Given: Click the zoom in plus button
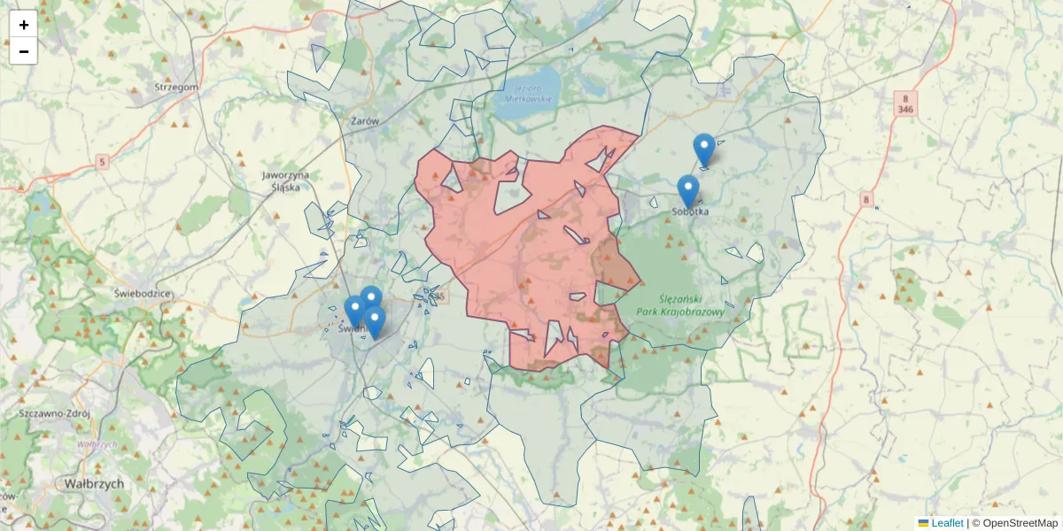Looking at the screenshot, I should [x=23, y=24].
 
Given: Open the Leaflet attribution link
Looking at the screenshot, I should [x=947, y=523].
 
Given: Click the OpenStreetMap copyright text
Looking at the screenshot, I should [x=1020, y=523].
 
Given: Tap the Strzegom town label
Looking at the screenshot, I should [x=176, y=87].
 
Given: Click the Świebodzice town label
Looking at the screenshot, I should [x=142, y=292].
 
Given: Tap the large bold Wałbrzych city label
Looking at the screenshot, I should [x=94, y=484].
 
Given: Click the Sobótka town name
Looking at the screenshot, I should [x=690, y=211].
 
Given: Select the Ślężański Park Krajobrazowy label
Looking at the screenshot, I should [x=692, y=304].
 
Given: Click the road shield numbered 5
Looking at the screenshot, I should [x=103, y=161].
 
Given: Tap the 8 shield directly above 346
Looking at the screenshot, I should [x=905, y=97].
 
